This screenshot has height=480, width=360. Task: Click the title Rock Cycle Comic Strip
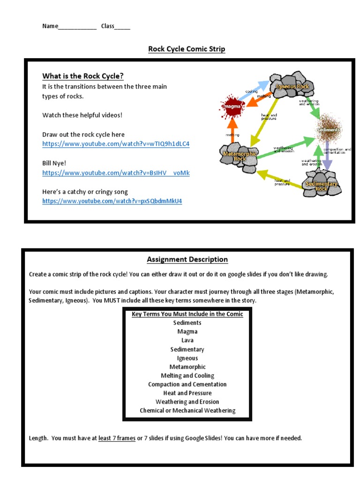pos(187,49)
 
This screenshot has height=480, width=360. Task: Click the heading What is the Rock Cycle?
pos(83,76)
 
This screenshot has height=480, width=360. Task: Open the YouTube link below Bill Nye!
pos(116,173)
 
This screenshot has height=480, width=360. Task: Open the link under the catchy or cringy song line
pos(112,201)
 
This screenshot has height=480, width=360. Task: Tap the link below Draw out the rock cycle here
pos(116,144)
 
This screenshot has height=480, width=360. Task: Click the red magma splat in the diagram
pos(232,107)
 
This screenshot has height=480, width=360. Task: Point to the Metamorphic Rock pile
pos(240,156)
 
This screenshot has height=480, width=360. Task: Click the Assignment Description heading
pos(187,259)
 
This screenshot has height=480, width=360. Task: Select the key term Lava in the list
pos(187,340)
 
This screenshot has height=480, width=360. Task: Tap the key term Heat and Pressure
pos(187,393)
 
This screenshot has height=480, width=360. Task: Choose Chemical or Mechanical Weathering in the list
pos(187,411)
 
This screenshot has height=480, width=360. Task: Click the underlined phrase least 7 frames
pos(117,438)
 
